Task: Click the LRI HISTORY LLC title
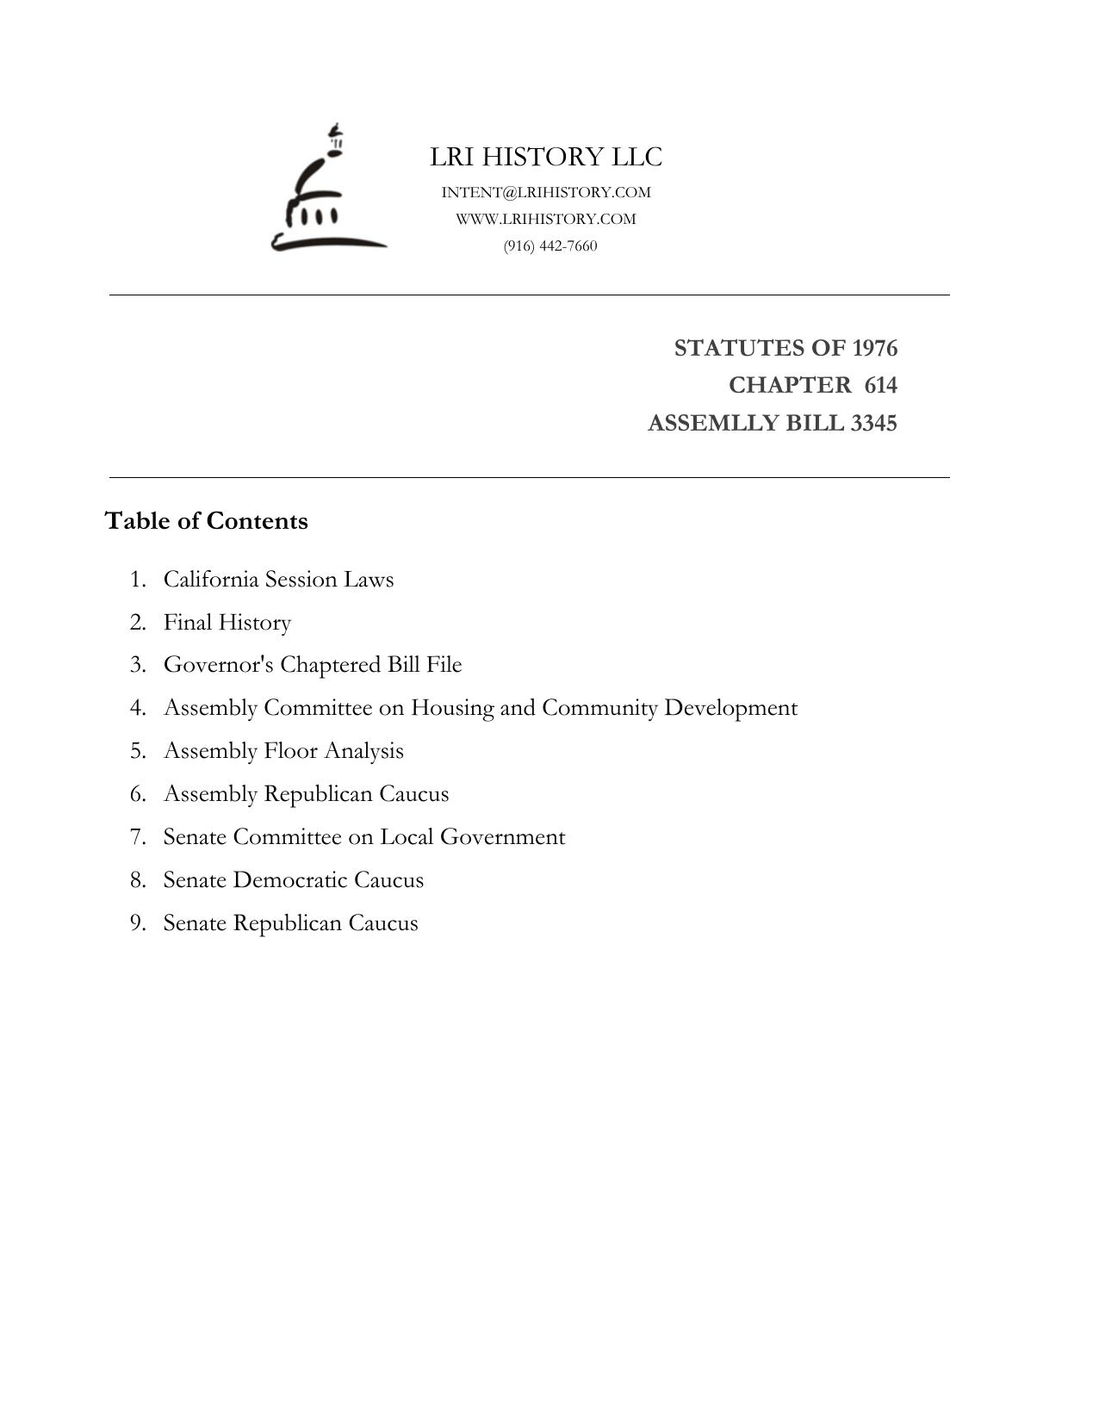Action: click(x=546, y=157)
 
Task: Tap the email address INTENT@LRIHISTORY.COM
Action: click(x=546, y=192)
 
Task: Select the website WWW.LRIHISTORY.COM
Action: click(x=546, y=219)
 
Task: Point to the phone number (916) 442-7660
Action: click(x=550, y=246)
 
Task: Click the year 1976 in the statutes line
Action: click(x=874, y=348)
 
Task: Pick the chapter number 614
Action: click(x=880, y=385)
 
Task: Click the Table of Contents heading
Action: click(x=206, y=521)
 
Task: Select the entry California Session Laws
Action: click(x=278, y=579)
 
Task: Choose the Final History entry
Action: click(x=227, y=622)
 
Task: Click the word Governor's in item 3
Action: click(x=219, y=665)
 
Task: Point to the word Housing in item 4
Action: click(x=452, y=708)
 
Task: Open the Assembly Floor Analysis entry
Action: click(x=283, y=751)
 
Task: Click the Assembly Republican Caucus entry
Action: click(x=306, y=794)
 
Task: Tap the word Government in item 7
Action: click(x=502, y=837)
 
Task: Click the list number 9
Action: click(x=138, y=923)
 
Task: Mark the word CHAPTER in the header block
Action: click(x=789, y=385)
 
